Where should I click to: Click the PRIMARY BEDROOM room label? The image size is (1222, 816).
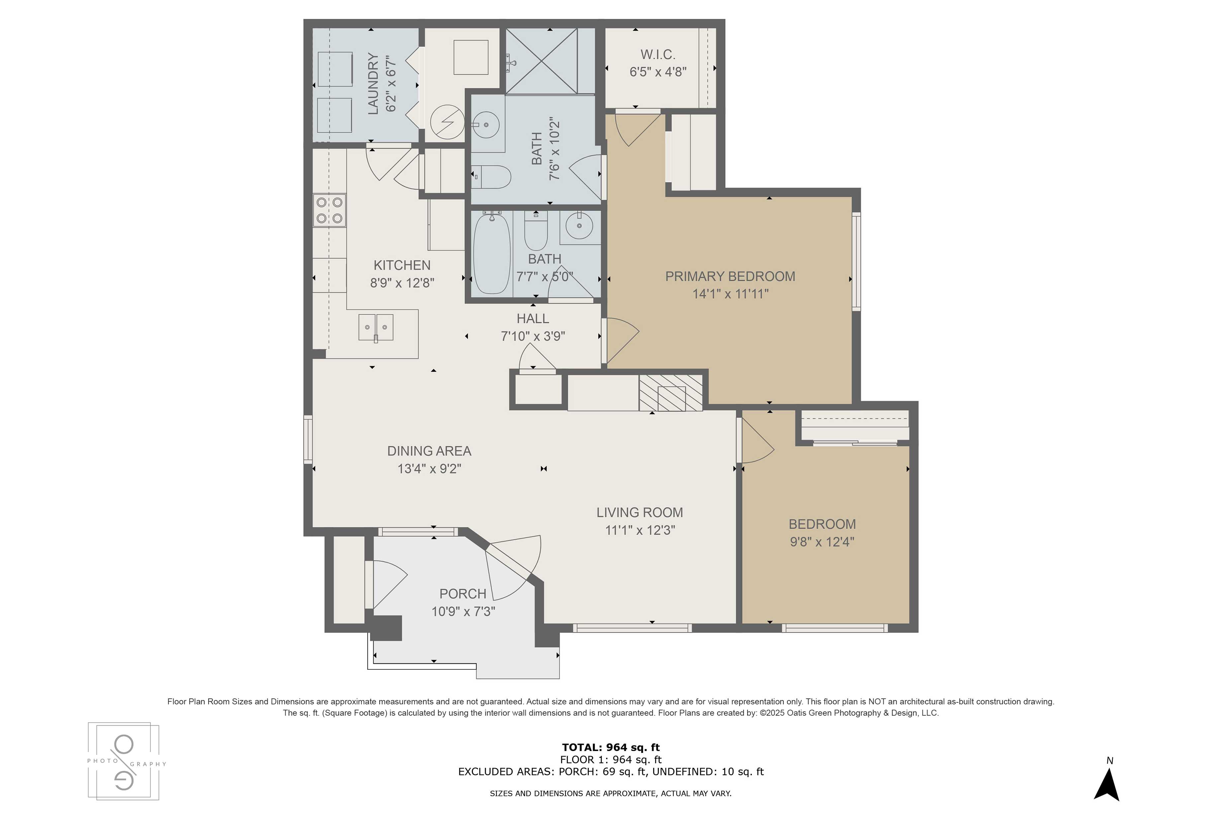(x=730, y=276)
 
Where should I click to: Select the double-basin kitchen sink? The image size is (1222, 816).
(x=376, y=327)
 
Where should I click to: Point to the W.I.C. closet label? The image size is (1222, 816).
(x=658, y=54)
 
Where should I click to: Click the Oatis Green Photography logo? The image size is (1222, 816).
(x=124, y=761)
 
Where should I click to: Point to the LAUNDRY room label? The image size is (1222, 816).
(x=373, y=83)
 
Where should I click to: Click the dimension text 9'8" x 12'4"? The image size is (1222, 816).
(x=822, y=542)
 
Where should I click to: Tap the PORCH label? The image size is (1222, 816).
(x=463, y=594)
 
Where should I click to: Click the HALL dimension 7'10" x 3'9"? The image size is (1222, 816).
(x=533, y=336)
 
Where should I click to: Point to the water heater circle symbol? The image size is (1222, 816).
(x=448, y=122)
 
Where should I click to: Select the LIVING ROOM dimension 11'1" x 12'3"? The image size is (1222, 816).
(x=640, y=530)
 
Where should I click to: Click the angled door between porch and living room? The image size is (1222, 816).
(x=512, y=564)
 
